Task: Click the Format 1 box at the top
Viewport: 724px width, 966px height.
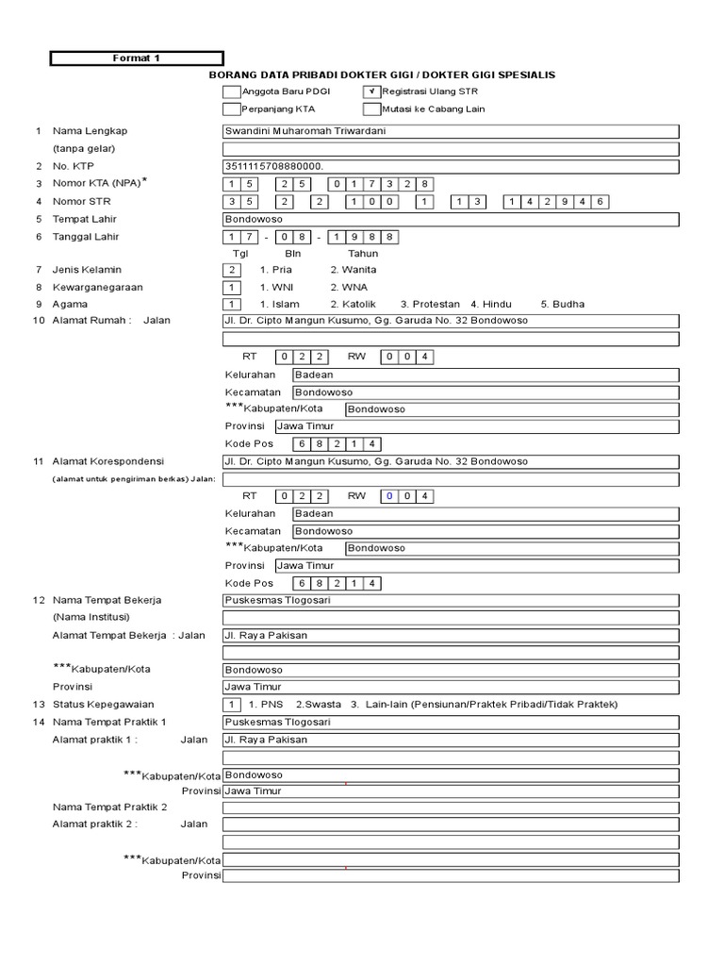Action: click(137, 58)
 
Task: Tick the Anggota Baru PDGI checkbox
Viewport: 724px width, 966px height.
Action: click(231, 92)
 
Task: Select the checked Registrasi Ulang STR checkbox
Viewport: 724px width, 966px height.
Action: click(371, 92)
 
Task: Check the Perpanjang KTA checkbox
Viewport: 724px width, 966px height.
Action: click(231, 109)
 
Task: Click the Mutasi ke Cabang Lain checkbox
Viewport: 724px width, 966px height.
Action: click(371, 109)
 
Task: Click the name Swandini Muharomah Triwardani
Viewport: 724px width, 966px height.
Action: click(304, 131)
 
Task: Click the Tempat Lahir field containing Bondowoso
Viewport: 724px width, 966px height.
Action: click(450, 219)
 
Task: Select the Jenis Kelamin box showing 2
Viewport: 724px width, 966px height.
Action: click(232, 270)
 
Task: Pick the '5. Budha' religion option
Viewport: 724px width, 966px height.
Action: click(562, 304)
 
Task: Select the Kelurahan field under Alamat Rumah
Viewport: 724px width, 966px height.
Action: click(485, 375)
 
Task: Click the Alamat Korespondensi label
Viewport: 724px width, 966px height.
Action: click(108, 461)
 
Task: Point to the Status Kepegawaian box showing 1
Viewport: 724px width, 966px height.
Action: click(232, 705)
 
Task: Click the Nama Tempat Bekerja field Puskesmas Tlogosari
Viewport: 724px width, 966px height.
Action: click(450, 600)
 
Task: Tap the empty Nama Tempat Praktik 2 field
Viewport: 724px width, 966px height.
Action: click(450, 808)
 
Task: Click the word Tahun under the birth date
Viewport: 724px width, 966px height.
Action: click(363, 253)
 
